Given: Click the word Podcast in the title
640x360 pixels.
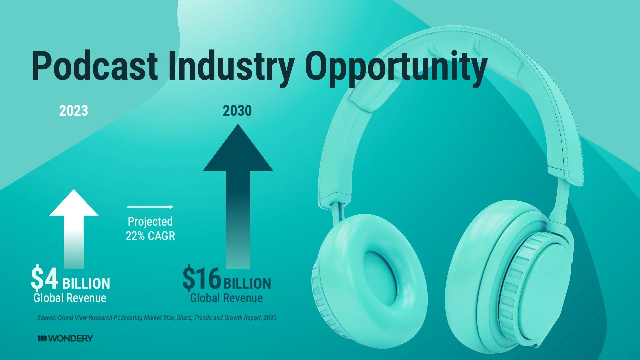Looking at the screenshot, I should coord(94,66).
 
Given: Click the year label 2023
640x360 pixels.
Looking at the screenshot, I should coord(74,111).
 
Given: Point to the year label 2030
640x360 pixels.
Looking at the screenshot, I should coord(237,111).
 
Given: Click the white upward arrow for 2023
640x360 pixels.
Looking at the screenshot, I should coord(74,227).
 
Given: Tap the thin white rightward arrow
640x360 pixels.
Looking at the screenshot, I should coord(150,207).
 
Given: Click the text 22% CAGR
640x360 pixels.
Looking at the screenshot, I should coord(150,236).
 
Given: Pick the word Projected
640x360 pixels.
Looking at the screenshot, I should coord(150,222).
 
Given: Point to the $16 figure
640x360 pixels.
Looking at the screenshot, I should coord(202,278).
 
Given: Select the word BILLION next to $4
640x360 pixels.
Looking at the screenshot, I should coord(86,283).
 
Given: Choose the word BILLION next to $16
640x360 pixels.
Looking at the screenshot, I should coord(247,283).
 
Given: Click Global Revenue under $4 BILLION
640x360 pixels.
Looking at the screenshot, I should coord(70,298).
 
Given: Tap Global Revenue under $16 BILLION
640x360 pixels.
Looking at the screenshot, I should coord(227,298).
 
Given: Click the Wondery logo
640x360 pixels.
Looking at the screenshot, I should coord(65,339).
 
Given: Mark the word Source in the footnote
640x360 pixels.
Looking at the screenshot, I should coord(47,318).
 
